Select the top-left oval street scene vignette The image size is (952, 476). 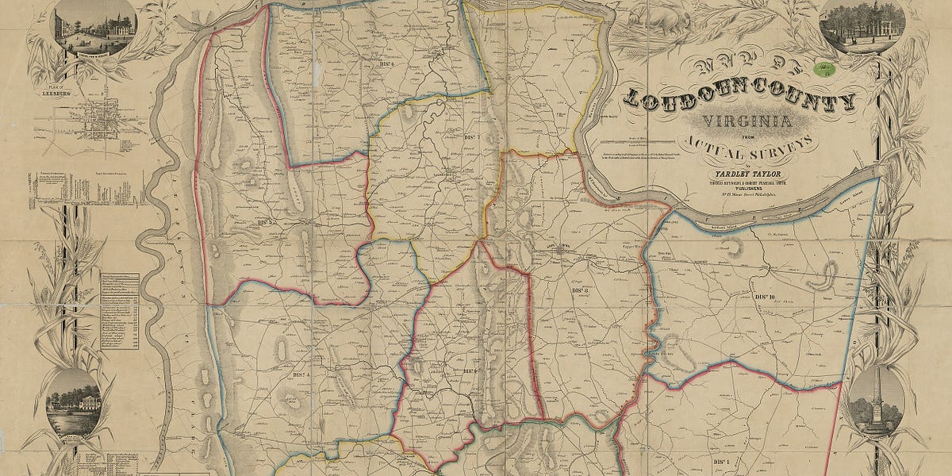[x=95, y=27]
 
